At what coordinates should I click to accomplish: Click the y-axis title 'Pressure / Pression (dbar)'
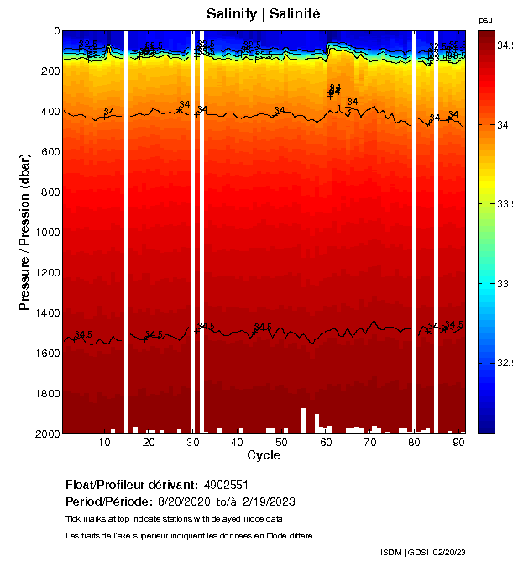pyautogui.click(x=24, y=233)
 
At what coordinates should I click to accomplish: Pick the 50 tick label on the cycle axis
pyautogui.click(x=281, y=442)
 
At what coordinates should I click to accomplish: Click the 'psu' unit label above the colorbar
pyautogui.click(x=485, y=20)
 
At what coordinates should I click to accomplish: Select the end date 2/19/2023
pyautogui.click(x=268, y=501)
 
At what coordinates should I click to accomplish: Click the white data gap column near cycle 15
pyautogui.click(x=126, y=232)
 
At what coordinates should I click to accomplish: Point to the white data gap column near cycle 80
pyautogui.click(x=414, y=232)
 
